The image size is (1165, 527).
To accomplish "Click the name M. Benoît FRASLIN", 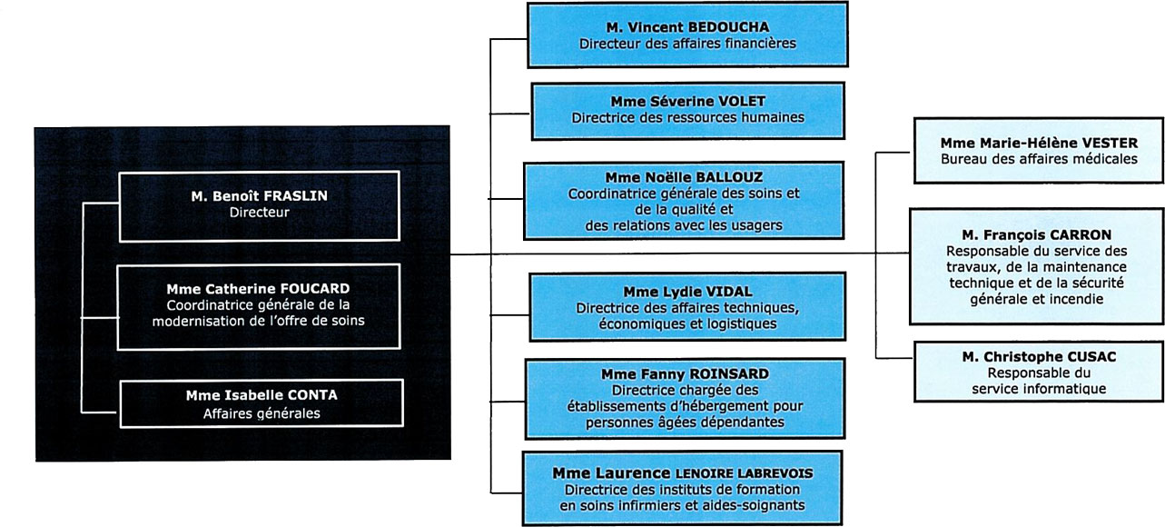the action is pos(259,196).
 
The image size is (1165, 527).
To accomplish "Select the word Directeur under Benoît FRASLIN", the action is pos(259,213).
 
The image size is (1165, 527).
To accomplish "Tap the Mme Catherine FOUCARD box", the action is pos(259,307).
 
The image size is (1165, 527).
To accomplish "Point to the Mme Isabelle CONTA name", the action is pos(262,395).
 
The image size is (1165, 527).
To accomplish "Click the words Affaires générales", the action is pos(262,413).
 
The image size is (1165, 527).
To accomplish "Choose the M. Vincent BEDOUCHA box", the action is pos(687,35).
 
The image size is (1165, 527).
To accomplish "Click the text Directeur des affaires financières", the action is pos(687,44).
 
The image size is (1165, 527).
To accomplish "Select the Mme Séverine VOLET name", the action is pos(687,101).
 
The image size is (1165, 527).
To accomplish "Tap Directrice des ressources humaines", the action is pos(687,117).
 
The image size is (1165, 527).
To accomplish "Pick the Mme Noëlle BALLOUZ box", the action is pos(684,201).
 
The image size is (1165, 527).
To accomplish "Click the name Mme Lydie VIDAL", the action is pos(687,292).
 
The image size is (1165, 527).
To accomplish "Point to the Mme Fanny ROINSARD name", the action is pos(685,374).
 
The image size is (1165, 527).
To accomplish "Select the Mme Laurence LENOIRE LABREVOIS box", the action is pos(682,488).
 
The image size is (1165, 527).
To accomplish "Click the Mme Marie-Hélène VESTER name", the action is pos(1039,143).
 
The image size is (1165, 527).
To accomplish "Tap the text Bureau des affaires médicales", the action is pos(1039,159).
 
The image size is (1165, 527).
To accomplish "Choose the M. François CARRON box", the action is pos(1037,267).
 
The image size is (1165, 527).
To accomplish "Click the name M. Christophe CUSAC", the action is pos(1039,357).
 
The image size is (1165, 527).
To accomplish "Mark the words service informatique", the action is pos(1039,389).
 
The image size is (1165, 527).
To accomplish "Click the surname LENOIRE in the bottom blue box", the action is pos(705,473).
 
